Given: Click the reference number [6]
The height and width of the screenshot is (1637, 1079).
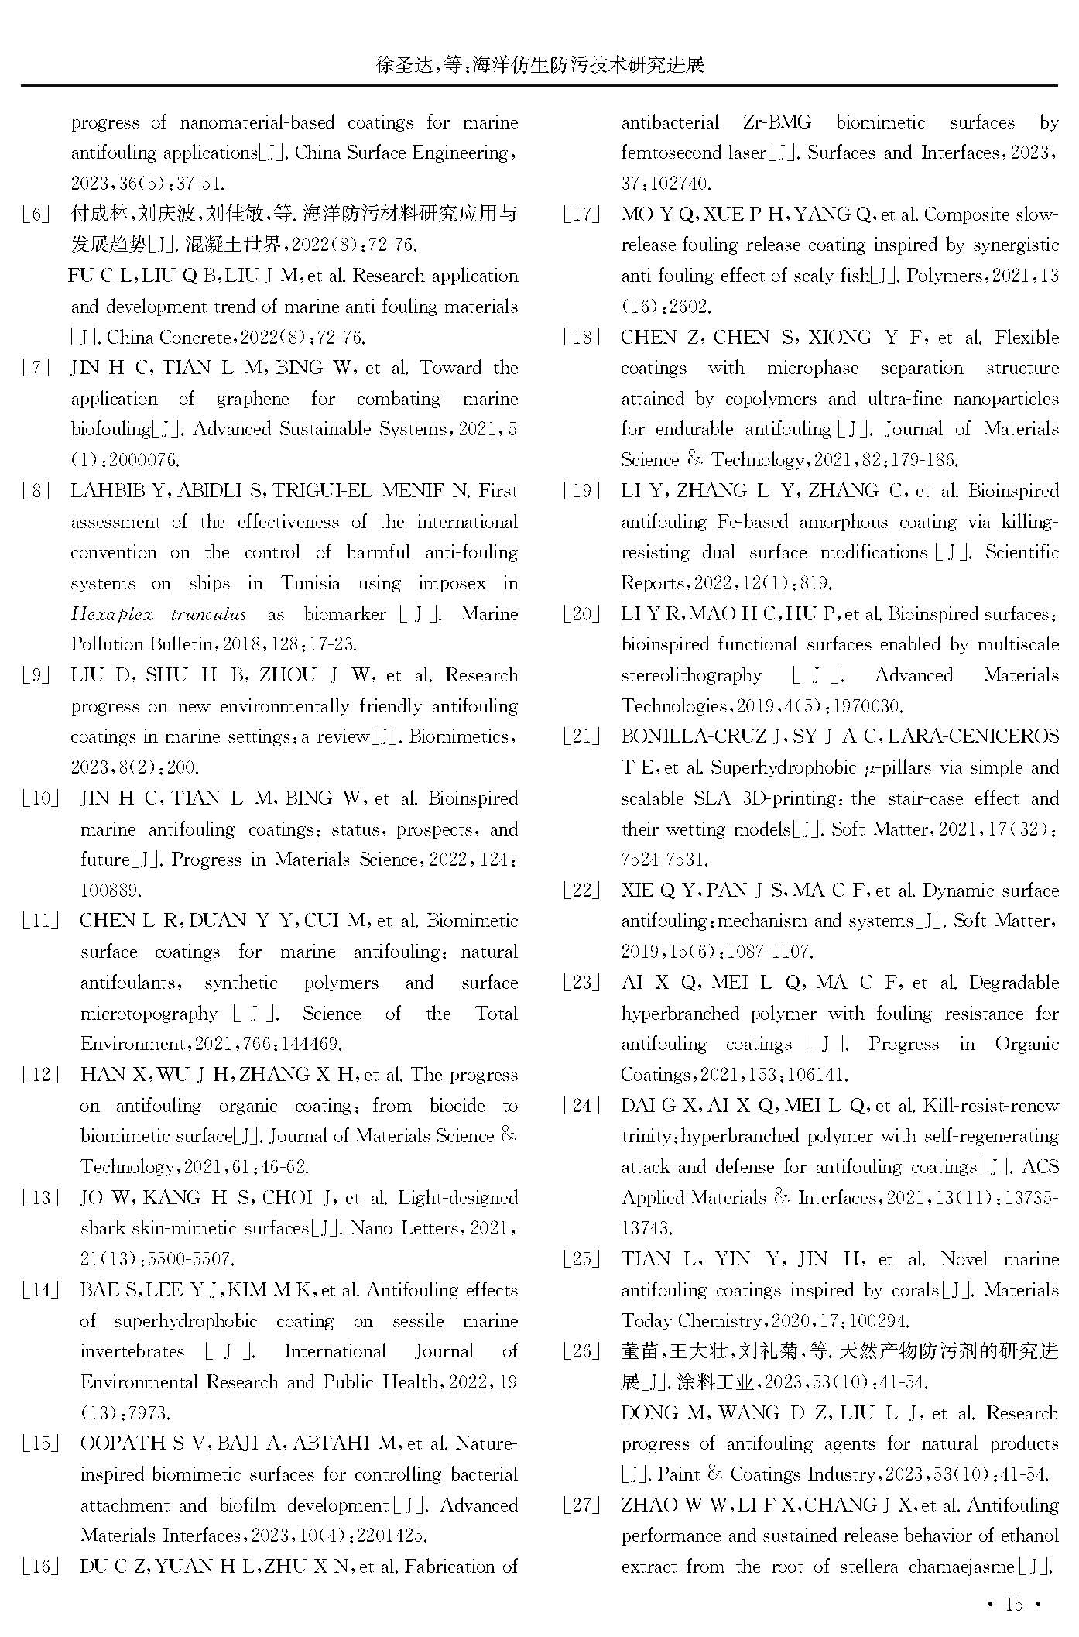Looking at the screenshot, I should coord(36,214).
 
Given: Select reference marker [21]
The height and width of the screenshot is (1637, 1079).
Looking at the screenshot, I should coord(582,737).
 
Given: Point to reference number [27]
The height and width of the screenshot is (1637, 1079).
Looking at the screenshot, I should coord(582,1505).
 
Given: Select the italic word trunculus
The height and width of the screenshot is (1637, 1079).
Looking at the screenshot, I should coord(208,615).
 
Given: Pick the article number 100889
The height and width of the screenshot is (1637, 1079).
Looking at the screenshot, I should coord(111,891).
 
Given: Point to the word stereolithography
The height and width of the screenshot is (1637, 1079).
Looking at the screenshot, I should coord(691,675).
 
